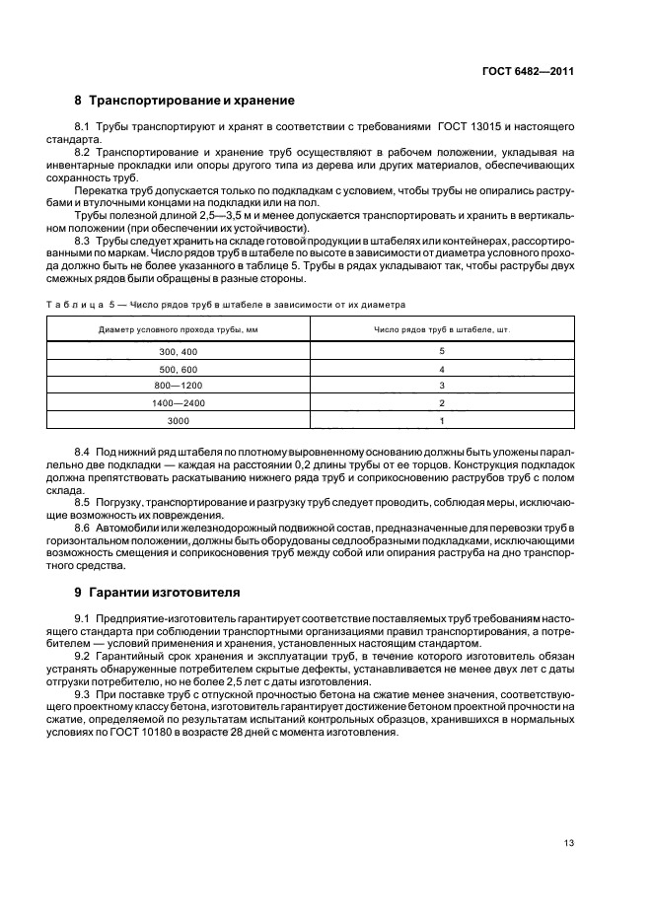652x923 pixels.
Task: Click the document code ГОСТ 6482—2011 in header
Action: (x=531, y=71)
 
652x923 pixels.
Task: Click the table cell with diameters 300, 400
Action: (x=179, y=351)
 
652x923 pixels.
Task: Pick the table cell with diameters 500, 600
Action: (x=179, y=368)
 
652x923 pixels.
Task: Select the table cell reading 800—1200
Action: (x=179, y=386)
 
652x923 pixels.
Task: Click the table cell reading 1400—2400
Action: (x=179, y=403)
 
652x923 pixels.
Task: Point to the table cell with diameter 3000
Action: (x=179, y=421)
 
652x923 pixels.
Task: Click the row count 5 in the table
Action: (x=442, y=351)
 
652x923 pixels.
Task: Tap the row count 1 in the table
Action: (x=442, y=421)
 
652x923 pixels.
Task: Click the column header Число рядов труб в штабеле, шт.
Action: (x=441, y=328)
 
